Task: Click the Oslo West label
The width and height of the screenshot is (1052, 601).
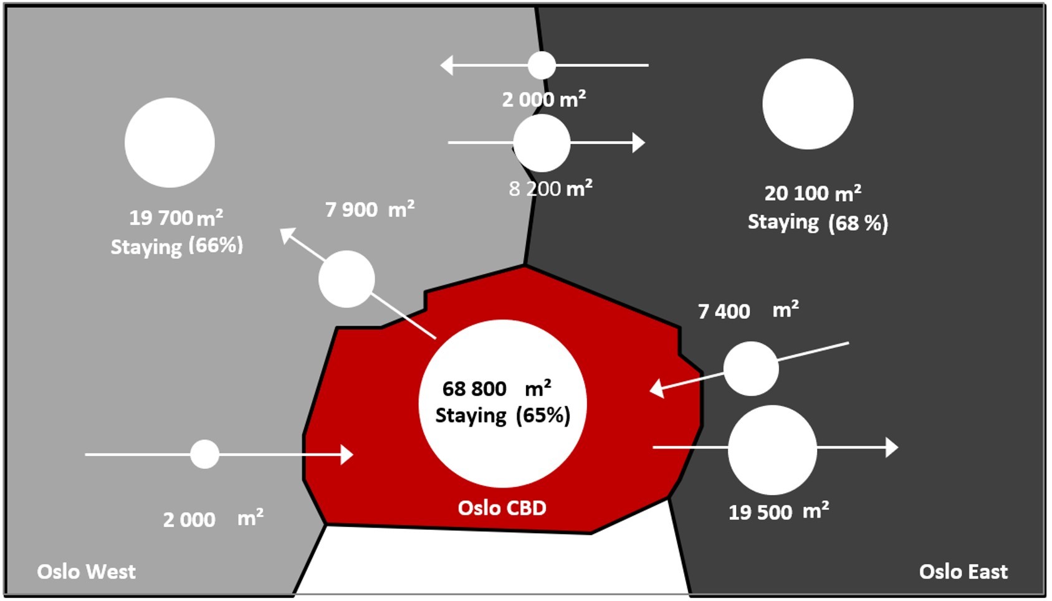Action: pos(86,571)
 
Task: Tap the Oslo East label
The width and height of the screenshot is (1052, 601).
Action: pos(963,571)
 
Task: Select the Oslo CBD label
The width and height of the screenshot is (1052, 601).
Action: pos(502,508)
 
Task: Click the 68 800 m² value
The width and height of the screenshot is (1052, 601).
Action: pos(496,388)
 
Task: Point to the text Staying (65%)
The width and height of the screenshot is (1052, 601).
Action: pos(502,415)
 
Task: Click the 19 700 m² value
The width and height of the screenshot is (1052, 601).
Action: pos(176,218)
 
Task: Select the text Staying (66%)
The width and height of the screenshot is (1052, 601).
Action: pos(176,246)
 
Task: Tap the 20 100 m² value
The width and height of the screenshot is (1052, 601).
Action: pos(813,193)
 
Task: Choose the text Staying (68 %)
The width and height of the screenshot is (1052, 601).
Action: pos(818,222)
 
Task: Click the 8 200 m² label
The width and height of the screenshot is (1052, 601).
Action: pos(550,188)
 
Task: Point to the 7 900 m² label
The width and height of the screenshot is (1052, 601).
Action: pos(370,209)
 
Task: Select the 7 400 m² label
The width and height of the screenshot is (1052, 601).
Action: pos(748,310)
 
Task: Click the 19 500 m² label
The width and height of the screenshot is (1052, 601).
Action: pos(778,511)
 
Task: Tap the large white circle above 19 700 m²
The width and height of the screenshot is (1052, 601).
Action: pos(170,143)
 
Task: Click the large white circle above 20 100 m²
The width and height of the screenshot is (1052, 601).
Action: pos(808,104)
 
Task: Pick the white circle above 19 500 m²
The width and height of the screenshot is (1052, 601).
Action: pos(772,450)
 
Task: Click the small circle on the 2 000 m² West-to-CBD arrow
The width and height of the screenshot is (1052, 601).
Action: pos(204,454)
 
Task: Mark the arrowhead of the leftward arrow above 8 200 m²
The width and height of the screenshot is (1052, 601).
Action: pos(446,65)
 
